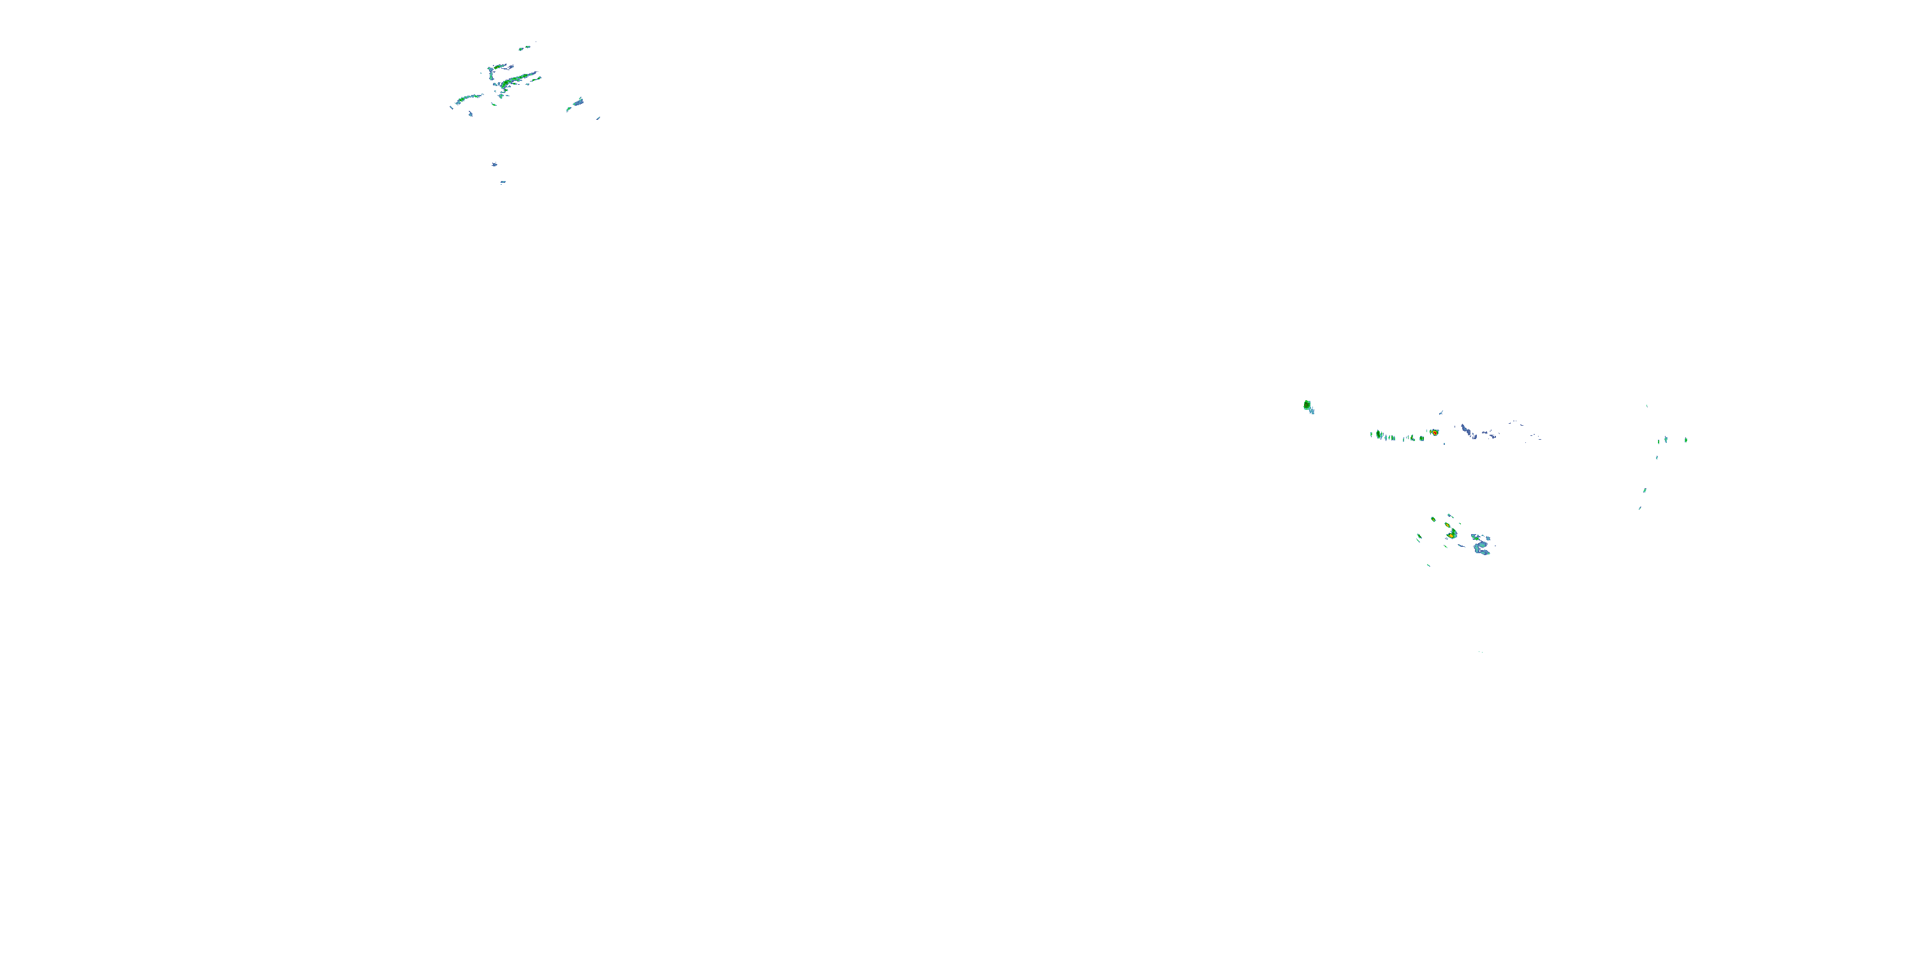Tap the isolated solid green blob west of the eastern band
[1307, 405]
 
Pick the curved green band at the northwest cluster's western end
[468, 98]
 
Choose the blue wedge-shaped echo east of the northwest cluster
[578, 102]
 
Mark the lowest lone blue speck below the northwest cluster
[502, 182]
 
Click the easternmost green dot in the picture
[1686, 439]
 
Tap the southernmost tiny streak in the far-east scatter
[1639, 509]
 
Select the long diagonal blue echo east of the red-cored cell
[1466, 430]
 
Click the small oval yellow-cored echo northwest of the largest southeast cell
[1433, 519]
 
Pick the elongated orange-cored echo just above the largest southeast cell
[1449, 525]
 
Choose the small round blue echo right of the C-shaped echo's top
[1488, 537]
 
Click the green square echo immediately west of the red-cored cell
[1422, 438]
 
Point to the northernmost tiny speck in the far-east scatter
[1647, 405]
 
